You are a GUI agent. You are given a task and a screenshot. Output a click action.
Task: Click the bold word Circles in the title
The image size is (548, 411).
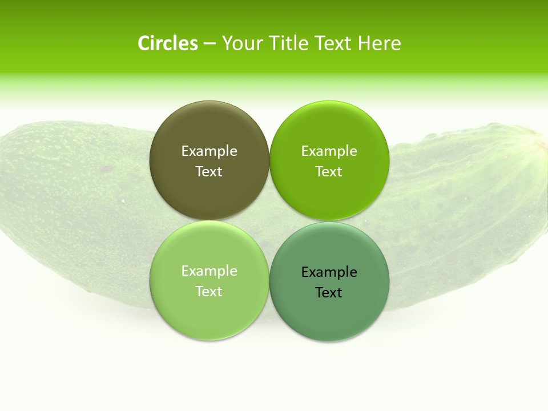(168, 43)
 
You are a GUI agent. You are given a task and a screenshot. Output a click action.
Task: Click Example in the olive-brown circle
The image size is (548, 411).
(209, 151)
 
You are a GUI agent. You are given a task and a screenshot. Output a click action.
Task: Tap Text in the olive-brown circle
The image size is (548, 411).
(209, 172)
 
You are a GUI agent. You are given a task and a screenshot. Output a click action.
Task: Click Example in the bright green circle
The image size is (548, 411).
(329, 151)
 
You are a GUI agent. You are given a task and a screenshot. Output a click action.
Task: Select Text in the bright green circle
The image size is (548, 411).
(329, 172)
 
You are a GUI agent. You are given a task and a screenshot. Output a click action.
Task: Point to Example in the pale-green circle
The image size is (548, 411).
(209, 271)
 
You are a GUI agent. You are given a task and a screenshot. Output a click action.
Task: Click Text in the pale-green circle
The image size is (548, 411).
(209, 292)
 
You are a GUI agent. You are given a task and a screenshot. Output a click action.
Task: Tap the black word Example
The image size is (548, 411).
(329, 272)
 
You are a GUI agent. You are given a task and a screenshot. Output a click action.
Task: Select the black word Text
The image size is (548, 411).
(329, 293)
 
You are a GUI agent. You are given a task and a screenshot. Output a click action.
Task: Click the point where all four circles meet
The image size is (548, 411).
(269, 221)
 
